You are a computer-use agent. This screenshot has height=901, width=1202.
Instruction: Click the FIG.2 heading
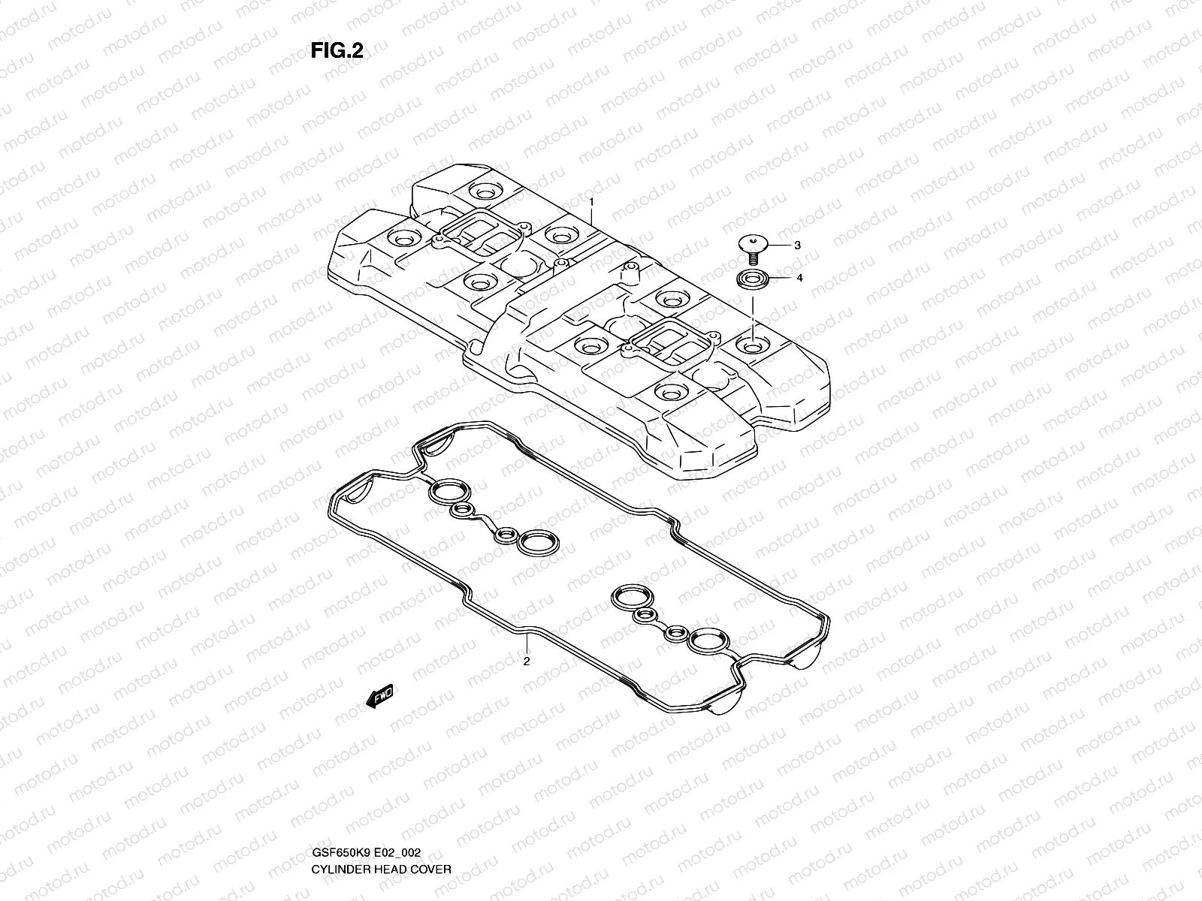pos(337,50)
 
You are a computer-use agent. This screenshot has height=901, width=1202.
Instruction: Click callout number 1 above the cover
pos(591,182)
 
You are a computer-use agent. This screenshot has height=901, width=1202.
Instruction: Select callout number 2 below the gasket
pos(527,661)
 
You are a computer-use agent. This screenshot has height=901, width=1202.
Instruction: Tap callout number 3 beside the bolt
pos(798,246)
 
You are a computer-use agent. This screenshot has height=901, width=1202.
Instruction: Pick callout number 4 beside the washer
pos(799,278)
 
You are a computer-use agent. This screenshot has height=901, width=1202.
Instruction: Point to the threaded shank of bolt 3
pos(752,258)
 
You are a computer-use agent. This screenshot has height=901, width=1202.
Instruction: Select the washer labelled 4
pos(751,280)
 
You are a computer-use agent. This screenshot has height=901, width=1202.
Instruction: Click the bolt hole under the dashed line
pos(751,345)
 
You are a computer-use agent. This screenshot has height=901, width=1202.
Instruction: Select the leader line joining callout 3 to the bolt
pos(777,245)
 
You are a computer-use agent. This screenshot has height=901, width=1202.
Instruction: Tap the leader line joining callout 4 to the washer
pos(778,278)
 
